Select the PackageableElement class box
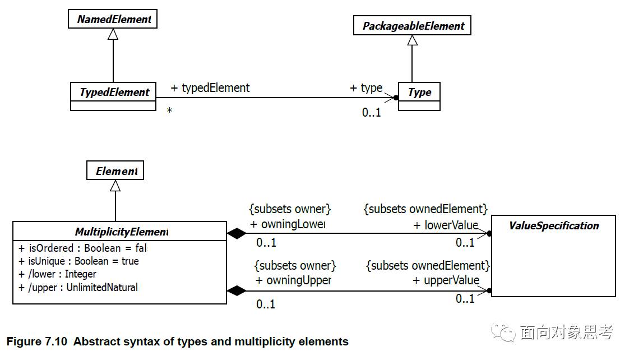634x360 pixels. (x=412, y=26)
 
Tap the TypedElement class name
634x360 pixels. (x=114, y=92)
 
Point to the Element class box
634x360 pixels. (x=115, y=171)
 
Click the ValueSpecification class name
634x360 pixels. (x=553, y=226)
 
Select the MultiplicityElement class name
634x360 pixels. (x=121, y=232)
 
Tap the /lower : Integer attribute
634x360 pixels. (x=57, y=274)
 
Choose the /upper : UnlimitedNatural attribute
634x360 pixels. (x=78, y=288)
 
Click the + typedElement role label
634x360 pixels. (x=210, y=88)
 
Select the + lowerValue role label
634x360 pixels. (x=446, y=225)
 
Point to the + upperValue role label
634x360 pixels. (x=446, y=280)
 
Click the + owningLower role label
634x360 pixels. (x=288, y=224)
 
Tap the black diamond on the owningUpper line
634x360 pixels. (x=236, y=290)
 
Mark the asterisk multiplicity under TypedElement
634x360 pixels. (x=169, y=112)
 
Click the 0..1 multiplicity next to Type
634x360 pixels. (x=371, y=113)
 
